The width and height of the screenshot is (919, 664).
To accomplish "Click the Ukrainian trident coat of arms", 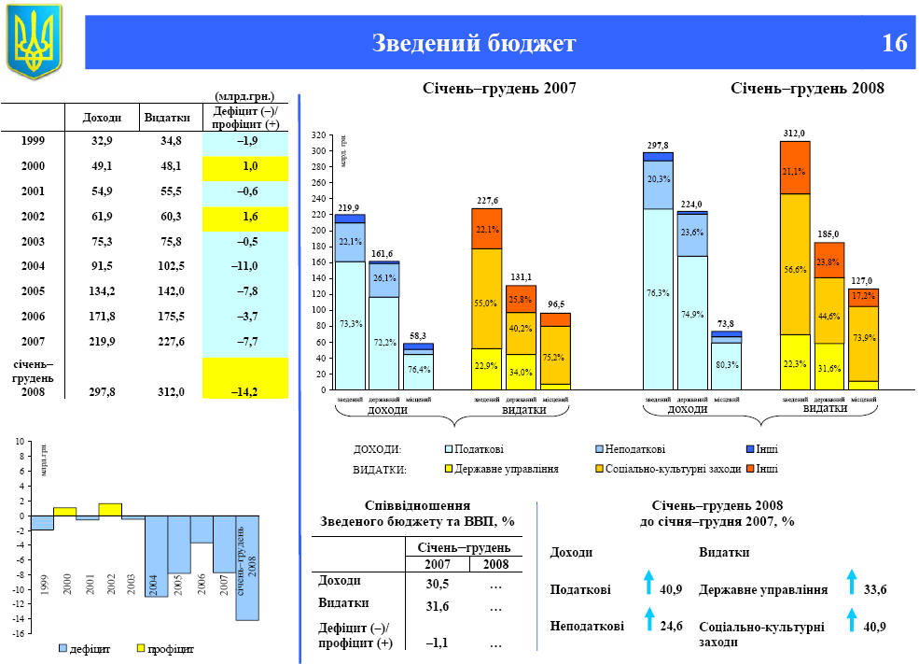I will pyautogui.click(x=34, y=41).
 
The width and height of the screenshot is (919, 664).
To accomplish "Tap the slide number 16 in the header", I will pyautogui.click(x=893, y=43).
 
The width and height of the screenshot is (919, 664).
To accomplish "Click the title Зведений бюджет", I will pyautogui.click(x=474, y=43).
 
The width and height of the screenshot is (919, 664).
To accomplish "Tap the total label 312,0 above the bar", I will pyautogui.click(x=794, y=134).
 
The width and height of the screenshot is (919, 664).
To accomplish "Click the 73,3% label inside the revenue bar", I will pyautogui.click(x=350, y=323).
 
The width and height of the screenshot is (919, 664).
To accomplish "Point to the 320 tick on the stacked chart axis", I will pyautogui.click(x=318, y=135).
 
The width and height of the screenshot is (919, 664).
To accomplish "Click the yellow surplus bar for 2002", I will pyautogui.click(x=110, y=510).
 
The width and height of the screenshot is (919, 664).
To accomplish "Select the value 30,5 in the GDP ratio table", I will pyautogui.click(x=438, y=584).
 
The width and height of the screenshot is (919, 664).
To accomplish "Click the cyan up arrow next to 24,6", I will pyautogui.click(x=648, y=617).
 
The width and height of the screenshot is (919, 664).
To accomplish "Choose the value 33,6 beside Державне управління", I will pyautogui.click(x=875, y=590).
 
